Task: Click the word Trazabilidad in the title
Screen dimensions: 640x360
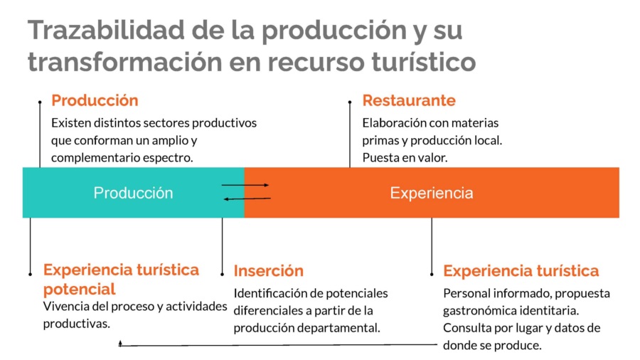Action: tap(106, 30)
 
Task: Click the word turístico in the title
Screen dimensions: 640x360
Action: tap(424, 61)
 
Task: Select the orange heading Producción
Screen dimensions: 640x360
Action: tap(95, 100)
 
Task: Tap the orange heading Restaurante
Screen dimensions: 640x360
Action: tap(409, 100)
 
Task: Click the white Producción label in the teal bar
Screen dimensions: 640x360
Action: tap(133, 193)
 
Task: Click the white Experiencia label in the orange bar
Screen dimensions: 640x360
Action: tap(432, 193)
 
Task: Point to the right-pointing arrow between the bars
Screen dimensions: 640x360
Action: tap(245, 185)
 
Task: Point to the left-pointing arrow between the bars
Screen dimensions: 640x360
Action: tap(247, 198)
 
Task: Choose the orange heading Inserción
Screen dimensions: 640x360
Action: tap(269, 270)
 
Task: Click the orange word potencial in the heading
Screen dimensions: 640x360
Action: tap(79, 289)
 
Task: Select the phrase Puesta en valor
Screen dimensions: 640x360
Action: tap(405, 157)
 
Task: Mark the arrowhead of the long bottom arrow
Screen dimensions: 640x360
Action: tap(120, 344)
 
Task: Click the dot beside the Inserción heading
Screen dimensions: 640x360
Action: tap(222, 275)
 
